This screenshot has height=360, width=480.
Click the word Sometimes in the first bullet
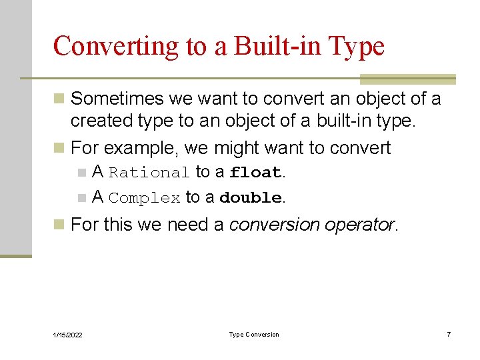[117, 99]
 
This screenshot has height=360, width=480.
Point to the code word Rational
[149, 173]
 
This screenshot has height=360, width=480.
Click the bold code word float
[255, 173]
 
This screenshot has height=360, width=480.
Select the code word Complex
[145, 198]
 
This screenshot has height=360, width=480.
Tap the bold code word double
[250, 198]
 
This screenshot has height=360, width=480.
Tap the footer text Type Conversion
[254, 335]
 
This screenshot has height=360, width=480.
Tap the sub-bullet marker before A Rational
[81, 173]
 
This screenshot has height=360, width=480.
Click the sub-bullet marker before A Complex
[81, 198]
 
